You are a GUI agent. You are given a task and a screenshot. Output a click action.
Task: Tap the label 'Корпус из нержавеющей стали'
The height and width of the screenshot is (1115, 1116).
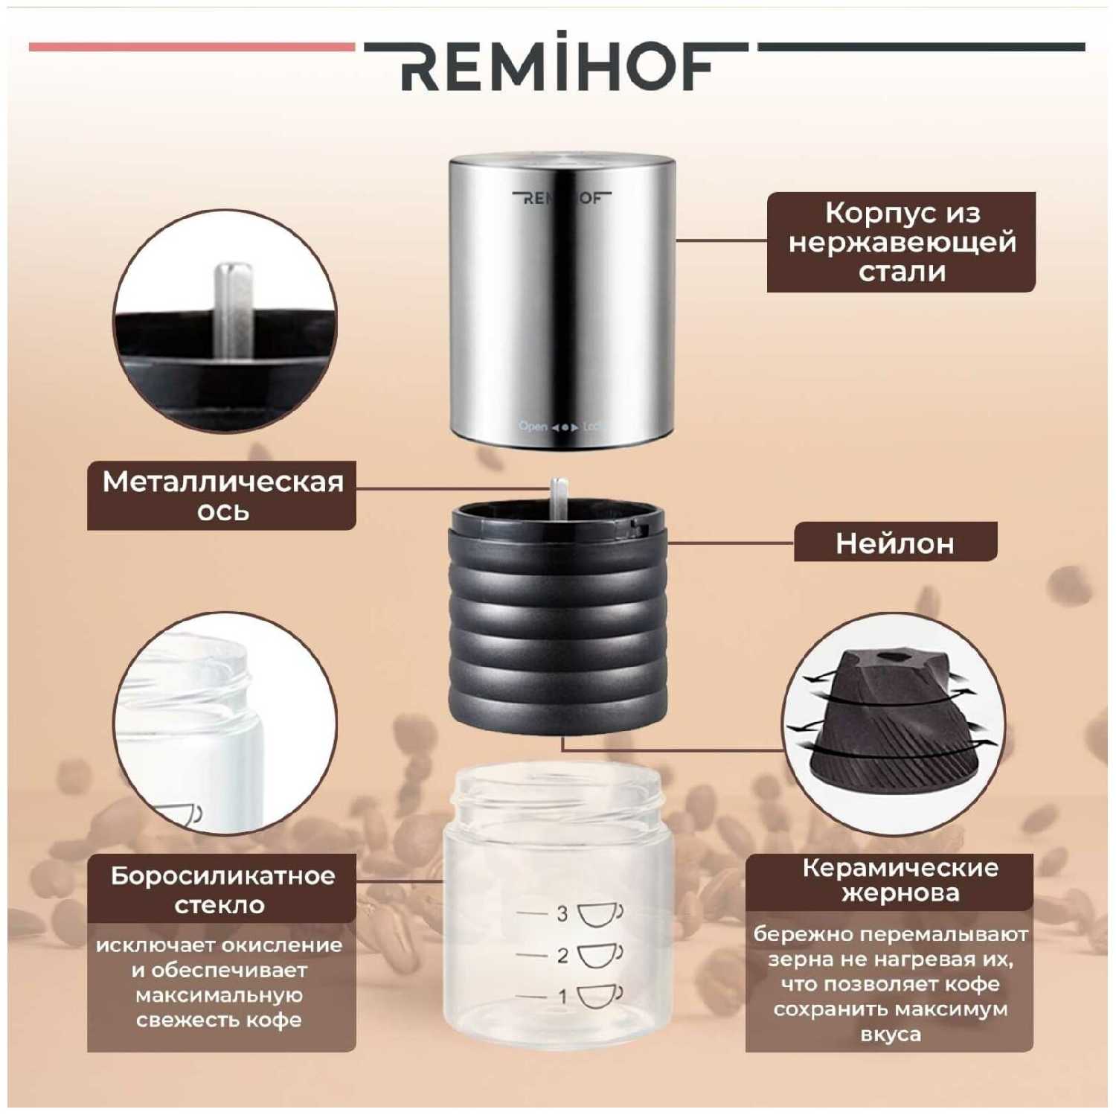tap(901, 242)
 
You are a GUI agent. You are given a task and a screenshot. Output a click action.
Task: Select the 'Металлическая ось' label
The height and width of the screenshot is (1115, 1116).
tap(222, 496)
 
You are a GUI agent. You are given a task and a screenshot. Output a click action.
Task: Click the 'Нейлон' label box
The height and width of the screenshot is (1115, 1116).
tap(895, 543)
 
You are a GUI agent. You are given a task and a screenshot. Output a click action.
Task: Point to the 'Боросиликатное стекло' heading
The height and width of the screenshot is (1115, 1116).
tap(222, 889)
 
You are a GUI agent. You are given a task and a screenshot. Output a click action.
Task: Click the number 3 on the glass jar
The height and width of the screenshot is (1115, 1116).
tap(562, 913)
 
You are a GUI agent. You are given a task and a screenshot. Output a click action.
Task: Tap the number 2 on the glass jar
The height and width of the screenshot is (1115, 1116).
tap(562, 955)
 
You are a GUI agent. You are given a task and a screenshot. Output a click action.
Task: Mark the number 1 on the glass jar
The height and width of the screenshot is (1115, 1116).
tap(562, 996)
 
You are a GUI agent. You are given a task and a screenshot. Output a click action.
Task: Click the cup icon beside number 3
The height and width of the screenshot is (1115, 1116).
tap(600, 914)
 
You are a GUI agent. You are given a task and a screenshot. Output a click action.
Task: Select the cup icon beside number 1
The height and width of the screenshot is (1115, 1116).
tap(600, 996)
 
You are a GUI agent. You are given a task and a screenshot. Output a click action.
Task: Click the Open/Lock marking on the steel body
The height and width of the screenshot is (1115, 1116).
tap(562, 426)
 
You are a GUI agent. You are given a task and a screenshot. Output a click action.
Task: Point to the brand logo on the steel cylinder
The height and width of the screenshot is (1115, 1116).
tap(562, 198)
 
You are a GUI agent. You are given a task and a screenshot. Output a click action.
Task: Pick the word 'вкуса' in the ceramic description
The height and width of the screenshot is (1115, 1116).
tap(890, 1035)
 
